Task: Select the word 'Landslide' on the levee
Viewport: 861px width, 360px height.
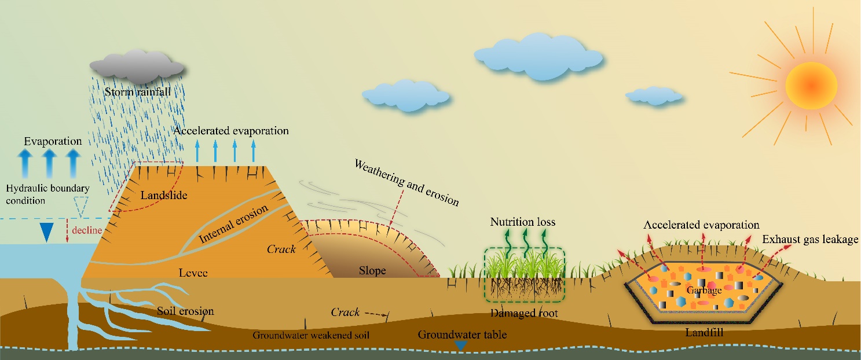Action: [x=164, y=196]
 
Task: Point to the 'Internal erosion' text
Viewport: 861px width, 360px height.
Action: [x=234, y=224]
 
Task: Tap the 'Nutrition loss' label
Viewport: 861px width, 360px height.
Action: [x=522, y=222]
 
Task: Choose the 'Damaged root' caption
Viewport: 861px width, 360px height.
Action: [x=524, y=313]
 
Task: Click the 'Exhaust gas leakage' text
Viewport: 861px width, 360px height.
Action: [x=810, y=239]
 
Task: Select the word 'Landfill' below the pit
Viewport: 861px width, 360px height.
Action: [x=704, y=332]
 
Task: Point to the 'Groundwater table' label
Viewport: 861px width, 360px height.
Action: [x=462, y=335]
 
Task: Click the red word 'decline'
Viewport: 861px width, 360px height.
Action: [x=87, y=230]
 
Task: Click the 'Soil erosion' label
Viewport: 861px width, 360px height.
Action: [x=185, y=311]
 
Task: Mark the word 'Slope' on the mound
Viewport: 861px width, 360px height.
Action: [x=372, y=271]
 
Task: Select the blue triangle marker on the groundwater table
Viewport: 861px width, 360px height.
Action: [x=460, y=346]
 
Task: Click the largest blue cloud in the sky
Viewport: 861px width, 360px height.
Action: [x=538, y=55]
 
